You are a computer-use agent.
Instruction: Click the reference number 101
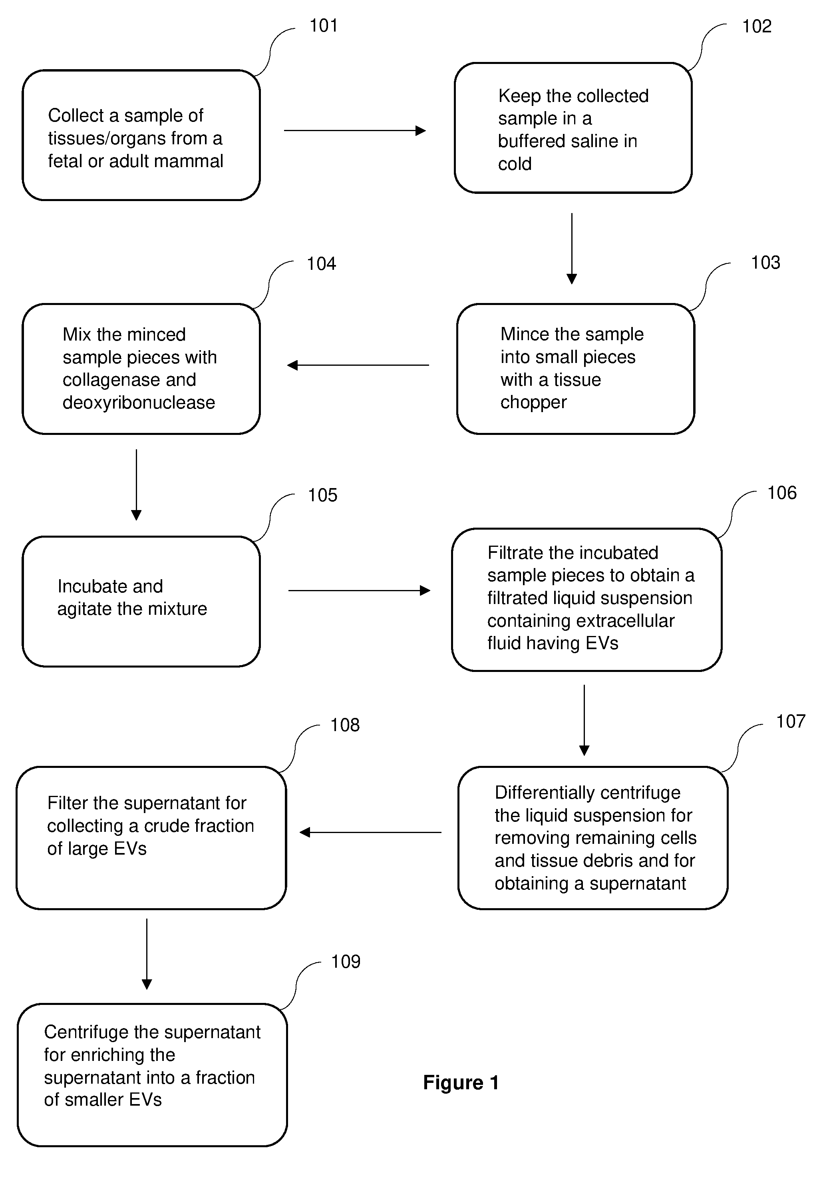tap(323, 25)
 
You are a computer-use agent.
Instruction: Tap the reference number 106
tap(781, 492)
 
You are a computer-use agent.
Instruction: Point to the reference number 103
tap(765, 263)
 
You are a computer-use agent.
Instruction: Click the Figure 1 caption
tap(461, 1082)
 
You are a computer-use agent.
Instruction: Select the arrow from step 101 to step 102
tap(355, 130)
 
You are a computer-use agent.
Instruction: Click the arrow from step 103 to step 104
tap(358, 365)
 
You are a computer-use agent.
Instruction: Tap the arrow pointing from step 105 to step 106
tap(359, 590)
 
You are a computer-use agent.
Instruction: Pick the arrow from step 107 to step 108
tap(370, 832)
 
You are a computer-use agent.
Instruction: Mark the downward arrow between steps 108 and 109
tap(147, 954)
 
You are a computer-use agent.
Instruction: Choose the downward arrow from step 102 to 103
tap(572, 249)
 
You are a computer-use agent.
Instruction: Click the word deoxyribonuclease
tap(139, 402)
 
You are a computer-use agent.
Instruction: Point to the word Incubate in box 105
tap(89, 586)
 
